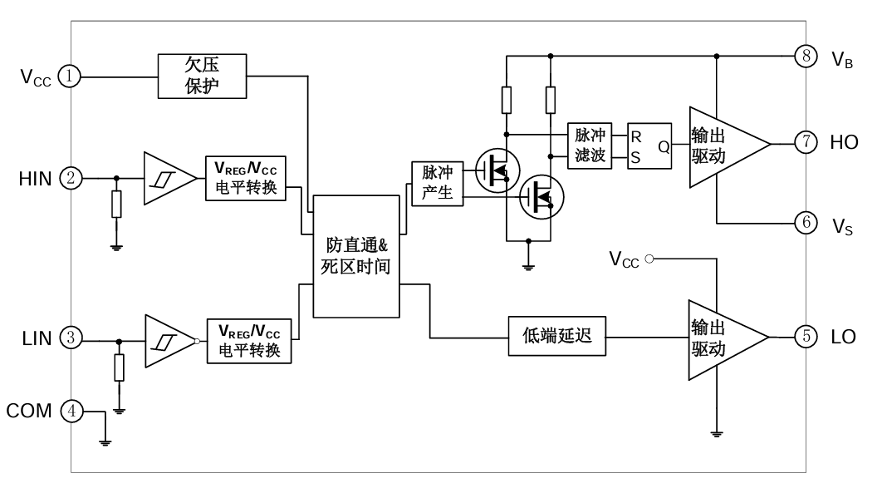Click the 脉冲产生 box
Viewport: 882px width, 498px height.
click(x=437, y=184)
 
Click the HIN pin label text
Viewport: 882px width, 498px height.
click(x=35, y=179)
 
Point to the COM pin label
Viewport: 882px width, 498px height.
click(x=29, y=410)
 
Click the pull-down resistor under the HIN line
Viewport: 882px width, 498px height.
click(x=116, y=205)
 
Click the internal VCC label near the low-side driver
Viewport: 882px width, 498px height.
click(x=624, y=259)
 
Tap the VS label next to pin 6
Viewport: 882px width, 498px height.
click(x=841, y=224)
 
